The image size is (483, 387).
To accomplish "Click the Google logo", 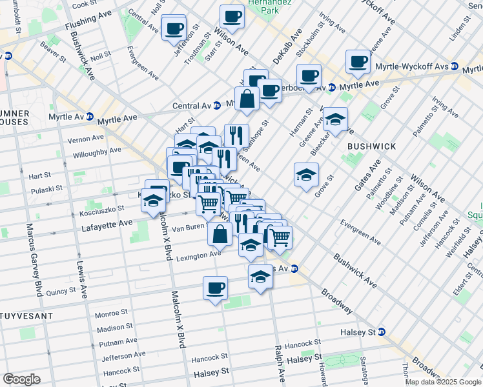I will coord(21,379).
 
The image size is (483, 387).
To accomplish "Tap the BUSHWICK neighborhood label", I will coord(371,146).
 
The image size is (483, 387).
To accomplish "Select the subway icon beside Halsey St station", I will coord(381,332).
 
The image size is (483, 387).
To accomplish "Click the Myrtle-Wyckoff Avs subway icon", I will coord(455,66).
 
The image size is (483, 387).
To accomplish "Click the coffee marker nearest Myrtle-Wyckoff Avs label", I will coord(358,62).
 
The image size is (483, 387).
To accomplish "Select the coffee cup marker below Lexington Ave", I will coord(215,288).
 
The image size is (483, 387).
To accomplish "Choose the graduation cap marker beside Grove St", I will coord(306,175).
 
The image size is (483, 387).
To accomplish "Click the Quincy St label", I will coord(61,291).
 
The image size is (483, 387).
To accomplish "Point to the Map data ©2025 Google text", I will coord(442,381).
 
